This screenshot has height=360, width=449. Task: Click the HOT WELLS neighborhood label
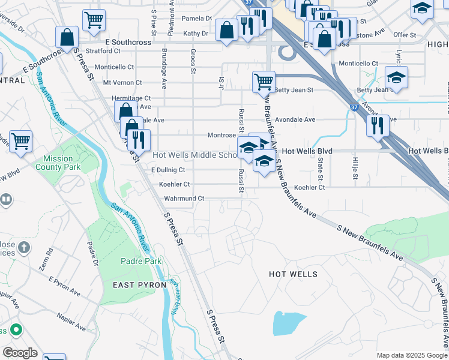pos(293,274)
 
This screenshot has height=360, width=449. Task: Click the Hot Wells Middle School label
pos(195,155)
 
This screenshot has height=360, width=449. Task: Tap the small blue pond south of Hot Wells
pos(289,323)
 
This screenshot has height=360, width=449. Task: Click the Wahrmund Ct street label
pos(185,198)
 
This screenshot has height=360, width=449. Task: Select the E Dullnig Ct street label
pos(168,170)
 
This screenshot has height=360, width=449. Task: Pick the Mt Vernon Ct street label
pos(122,83)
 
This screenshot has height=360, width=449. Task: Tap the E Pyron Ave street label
pos(64,286)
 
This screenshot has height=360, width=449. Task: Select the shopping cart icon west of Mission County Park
pos(21,142)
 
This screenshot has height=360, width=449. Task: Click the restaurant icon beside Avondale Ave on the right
pos(378,125)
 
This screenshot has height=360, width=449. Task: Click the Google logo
pos(20,353)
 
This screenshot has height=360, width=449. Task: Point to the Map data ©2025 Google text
pos(411,355)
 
